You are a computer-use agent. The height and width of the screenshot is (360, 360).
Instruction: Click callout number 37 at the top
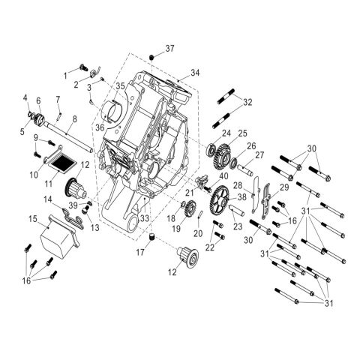pyautogui.click(x=169, y=49)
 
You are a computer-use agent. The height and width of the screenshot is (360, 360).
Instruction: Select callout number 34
pyautogui.click(x=195, y=73)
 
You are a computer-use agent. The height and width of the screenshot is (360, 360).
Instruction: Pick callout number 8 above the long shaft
pyautogui.click(x=73, y=119)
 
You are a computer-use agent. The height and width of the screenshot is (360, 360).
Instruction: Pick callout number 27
pyautogui.click(x=261, y=155)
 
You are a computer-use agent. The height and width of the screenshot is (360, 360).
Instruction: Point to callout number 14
pyautogui.click(x=46, y=200)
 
